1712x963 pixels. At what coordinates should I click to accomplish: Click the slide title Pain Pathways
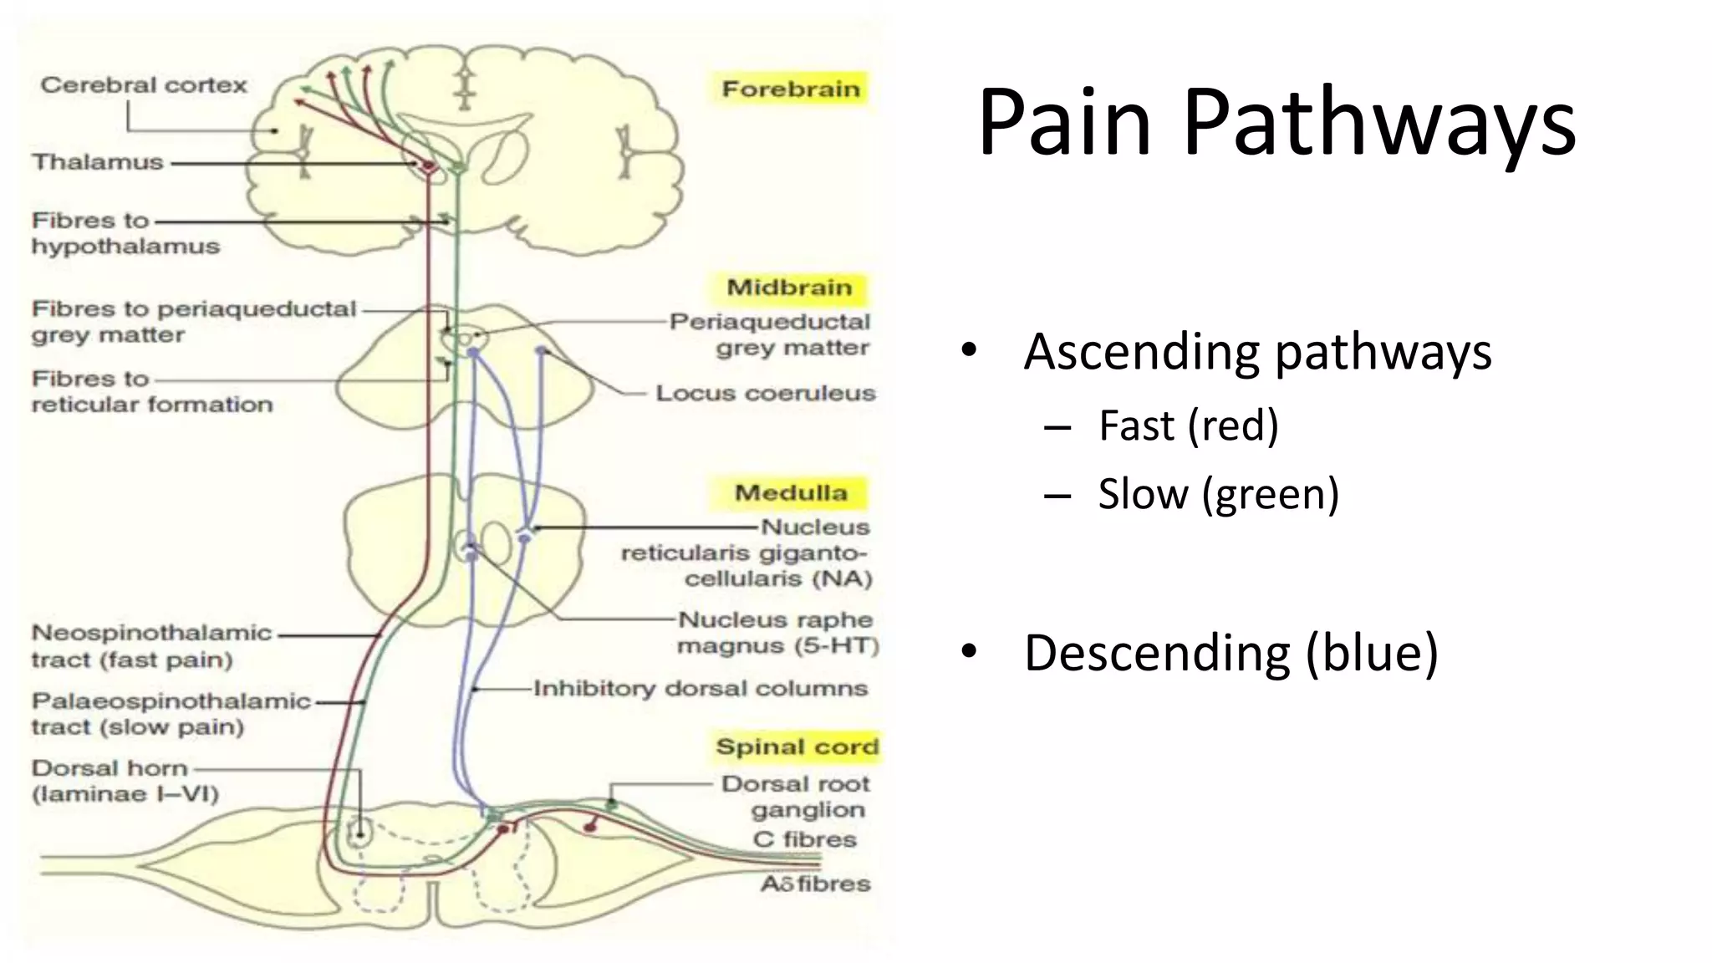click(1276, 122)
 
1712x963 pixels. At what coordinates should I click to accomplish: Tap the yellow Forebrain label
click(790, 89)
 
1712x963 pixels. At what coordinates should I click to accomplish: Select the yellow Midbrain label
click(789, 288)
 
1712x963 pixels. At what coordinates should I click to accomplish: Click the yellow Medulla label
click(790, 492)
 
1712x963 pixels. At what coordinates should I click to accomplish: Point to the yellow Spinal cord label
click(797, 746)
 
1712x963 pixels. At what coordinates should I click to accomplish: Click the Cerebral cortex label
click(144, 85)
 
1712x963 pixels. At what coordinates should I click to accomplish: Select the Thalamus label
click(98, 162)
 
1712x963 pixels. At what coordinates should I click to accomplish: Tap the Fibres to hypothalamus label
click(125, 233)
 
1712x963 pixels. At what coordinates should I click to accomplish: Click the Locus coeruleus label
click(765, 393)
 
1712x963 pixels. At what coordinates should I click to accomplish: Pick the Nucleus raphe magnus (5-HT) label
click(777, 633)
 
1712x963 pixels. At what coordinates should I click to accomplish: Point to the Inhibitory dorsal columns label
click(701, 689)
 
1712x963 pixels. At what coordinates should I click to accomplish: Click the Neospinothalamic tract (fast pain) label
click(150, 646)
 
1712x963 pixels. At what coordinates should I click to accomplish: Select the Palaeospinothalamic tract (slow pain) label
click(170, 714)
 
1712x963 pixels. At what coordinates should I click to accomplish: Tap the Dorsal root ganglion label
click(796, 797)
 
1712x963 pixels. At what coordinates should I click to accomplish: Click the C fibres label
click(804, 839)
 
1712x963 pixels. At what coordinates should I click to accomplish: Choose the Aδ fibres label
click(815, 884)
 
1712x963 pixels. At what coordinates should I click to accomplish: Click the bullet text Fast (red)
click(1188, 425)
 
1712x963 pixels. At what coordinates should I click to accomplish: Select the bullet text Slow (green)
click(1218, 494)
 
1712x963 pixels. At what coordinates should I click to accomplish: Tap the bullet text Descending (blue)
click(1230, 653)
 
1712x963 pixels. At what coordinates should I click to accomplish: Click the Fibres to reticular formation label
click(151, 391)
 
